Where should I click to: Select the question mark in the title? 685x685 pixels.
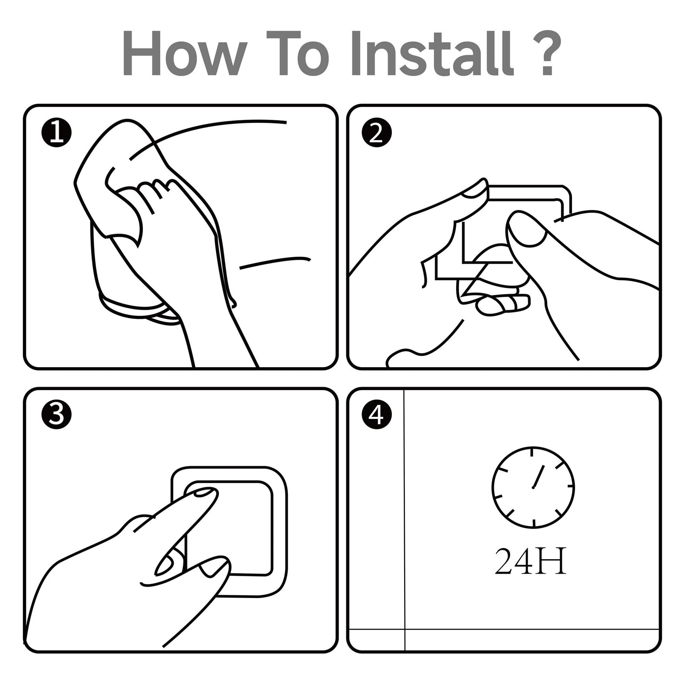tap(546, 53)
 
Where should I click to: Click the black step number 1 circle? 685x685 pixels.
tap(56, 133)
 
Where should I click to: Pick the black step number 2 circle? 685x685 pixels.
tap(377, 133)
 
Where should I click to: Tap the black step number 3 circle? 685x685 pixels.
tap(56, 414)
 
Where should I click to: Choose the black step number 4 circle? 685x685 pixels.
tap(377, 414)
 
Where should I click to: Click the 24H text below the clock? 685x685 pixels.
tap(530, 571)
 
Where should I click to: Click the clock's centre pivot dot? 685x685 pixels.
tap(533, 488)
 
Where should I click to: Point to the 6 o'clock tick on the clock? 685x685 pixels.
tap(534, 523)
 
